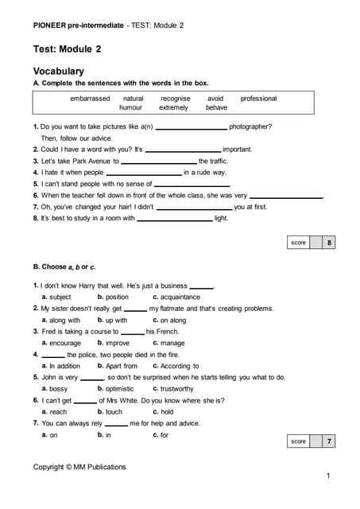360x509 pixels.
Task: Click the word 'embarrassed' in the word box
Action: [x=90, y=99]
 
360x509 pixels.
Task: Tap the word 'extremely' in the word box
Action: [x=173, y=107]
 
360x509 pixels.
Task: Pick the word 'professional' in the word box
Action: [x=258, y=99]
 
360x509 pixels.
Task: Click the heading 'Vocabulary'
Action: [x=59, y=71]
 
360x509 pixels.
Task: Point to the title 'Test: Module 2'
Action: [x=68, y=49]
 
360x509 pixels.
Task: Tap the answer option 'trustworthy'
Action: [x=176, y=389]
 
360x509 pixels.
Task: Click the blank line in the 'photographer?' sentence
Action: [x=191, y=127]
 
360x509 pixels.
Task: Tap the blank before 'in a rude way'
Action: [x=144, y=173]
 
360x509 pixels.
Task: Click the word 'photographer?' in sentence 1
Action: [x=250, y=126]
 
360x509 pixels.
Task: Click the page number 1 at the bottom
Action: [x=327, y=475]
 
